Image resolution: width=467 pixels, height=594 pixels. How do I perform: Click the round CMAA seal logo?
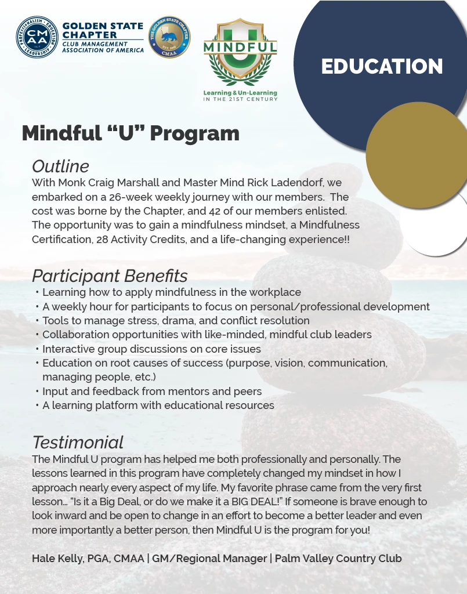click(x=37, y=37)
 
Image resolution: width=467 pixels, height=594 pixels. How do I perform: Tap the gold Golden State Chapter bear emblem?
click(x=169, y=37)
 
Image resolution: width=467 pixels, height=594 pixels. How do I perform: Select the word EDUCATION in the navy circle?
click(x=382, y=67)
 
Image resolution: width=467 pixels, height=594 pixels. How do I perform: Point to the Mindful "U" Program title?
click(x=131, y=133)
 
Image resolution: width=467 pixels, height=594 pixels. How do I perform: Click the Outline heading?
click(x=60, y=166)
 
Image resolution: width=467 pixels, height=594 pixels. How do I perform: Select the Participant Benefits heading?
click(x=110, y=276)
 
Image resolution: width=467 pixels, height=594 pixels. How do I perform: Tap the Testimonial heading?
click(x=78, y=443)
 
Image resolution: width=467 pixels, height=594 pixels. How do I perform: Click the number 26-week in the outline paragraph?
click(x=135, y=197)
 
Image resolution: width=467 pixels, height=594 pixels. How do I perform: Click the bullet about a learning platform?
click(x=158, y=405)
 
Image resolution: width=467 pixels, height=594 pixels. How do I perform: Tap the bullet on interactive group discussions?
click(x=151, y=349)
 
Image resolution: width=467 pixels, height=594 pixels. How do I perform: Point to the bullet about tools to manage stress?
click(x=176, y=321)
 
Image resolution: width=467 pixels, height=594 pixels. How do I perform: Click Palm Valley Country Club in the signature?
click(x=338, y=559)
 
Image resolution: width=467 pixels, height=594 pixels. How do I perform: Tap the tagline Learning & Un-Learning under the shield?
click(x=240, y=93)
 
